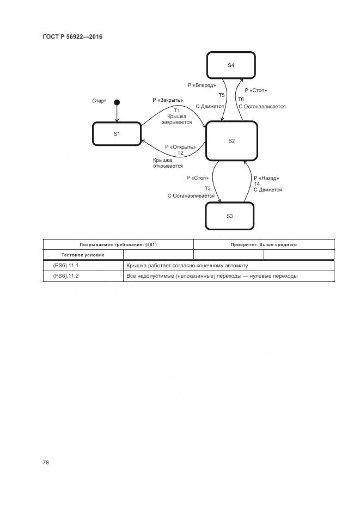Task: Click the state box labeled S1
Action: point(117,134)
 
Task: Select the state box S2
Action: point(231,141)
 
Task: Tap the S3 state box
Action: point(229,216)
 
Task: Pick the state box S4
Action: point(230,65)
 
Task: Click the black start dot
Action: point(117,102)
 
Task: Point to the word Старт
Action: point(99,101)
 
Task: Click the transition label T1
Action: point(176,111)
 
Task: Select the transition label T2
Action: point(180,153)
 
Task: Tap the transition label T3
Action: point(208,188)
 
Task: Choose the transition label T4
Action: point(257,184)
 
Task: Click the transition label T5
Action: point(222,95)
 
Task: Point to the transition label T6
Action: point(241,99)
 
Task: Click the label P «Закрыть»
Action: point(168,100)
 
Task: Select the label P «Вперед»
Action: point(202,85)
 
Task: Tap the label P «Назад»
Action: point(266,178)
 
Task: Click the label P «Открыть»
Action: point(180,147)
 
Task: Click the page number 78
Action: point(46,463)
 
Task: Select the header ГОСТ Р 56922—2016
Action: point(72,36)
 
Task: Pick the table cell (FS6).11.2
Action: point(66,276)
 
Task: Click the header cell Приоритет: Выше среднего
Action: point(264,245)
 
